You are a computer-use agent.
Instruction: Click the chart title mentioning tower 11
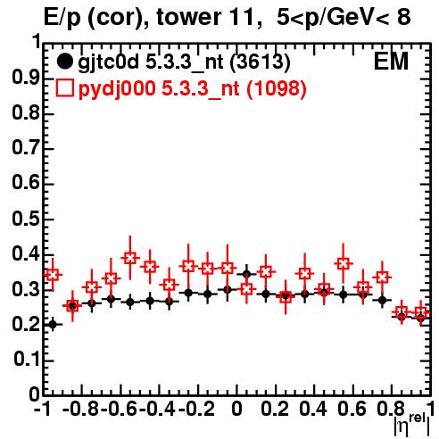tap(228, 17)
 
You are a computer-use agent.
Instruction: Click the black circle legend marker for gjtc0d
tap(64, 62)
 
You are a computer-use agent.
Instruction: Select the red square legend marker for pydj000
tap(64, 88)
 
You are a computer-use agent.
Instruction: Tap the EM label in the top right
tap(391, 62)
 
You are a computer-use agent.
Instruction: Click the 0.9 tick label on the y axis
tap(26, 79)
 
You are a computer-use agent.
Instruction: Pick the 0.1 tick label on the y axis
tap(26, 360)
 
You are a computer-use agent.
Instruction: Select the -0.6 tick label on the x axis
tap(119, 409)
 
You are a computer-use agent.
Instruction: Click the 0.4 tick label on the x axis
tap(313, 409)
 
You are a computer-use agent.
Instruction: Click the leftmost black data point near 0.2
tap(53, 324)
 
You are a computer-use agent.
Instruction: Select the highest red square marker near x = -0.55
tap(130, 258)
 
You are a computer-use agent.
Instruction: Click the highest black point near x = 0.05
tap(246, 274)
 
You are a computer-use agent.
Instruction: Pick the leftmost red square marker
tap(53, 275)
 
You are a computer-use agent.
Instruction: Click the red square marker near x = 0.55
tap(344, 263)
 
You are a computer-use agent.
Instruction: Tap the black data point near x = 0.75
tap(382, 300)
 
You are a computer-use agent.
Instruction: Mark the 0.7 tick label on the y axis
tap(26, 149)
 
